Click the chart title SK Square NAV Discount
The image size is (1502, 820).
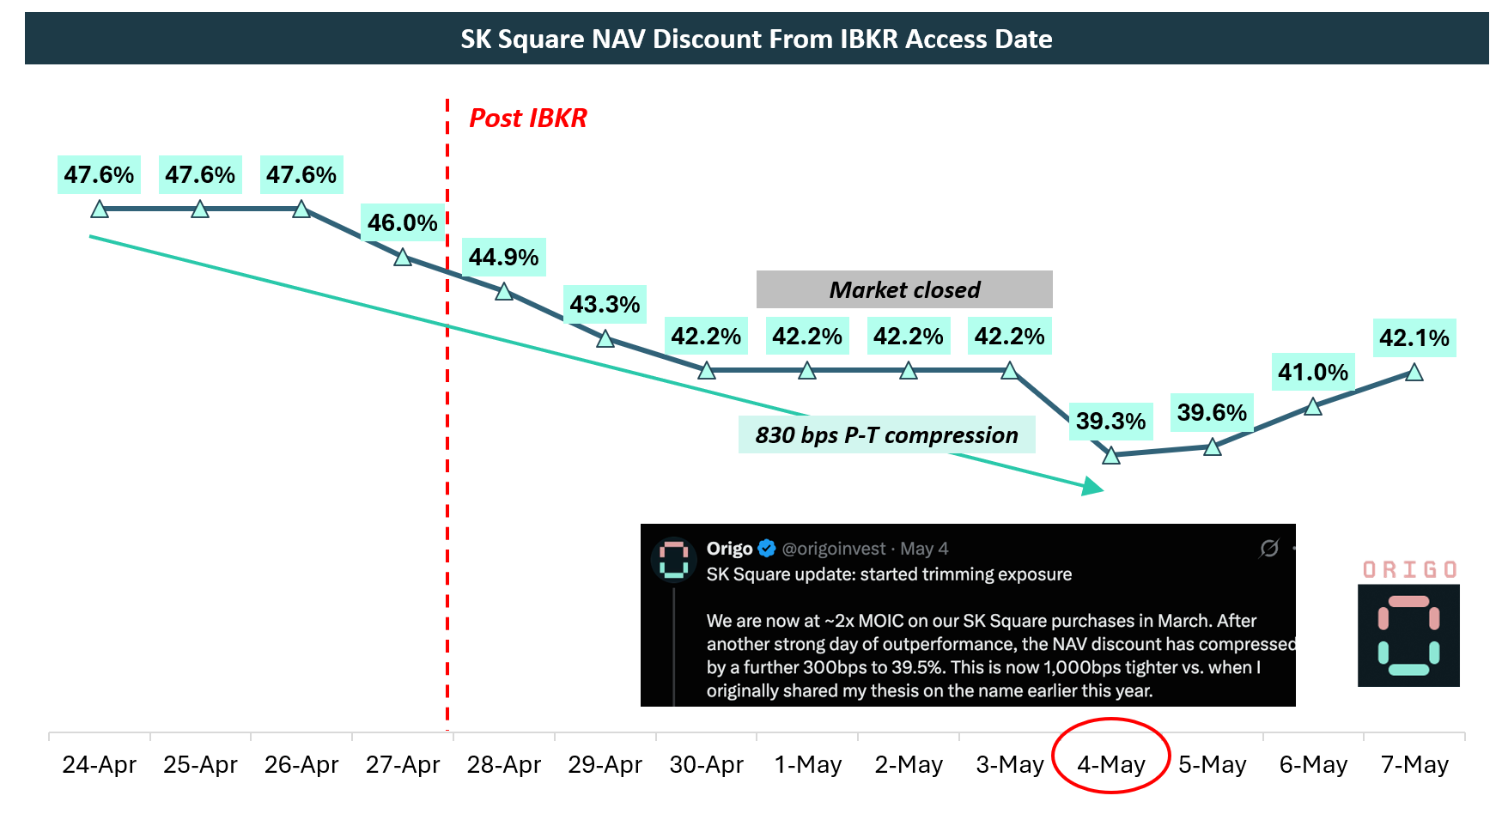[x=756, y=39]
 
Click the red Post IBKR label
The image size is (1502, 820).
[x=528, y=118]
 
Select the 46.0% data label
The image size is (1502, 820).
[x=403, y=223]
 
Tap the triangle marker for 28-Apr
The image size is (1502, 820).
[x=504, y=292]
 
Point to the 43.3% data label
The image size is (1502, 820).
[x=605, y=305]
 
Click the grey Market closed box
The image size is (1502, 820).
[x=904, y=289]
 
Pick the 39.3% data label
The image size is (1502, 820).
[x=1111, y=422]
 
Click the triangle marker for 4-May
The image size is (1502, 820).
[x=1111, y=455]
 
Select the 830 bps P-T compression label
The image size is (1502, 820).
[x=887, y=435]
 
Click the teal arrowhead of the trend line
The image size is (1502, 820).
[x=1092, y=487]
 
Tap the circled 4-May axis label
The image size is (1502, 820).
[x=1111, y=764]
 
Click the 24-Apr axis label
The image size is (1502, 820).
[x=100, y=764]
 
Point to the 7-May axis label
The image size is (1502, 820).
[x=1414, y=764]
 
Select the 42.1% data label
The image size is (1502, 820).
[x=1414, y=338]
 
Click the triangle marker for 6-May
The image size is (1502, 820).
[x=1313, y=406]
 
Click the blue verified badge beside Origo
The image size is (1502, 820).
[x=767, y=549]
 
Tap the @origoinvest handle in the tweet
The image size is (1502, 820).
[x=834, y=549]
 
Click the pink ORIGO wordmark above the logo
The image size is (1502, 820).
[x=1409, y=570]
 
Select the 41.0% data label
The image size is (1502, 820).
[x=1313, y=373]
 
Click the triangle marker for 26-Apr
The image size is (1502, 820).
[x=301, y=209]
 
